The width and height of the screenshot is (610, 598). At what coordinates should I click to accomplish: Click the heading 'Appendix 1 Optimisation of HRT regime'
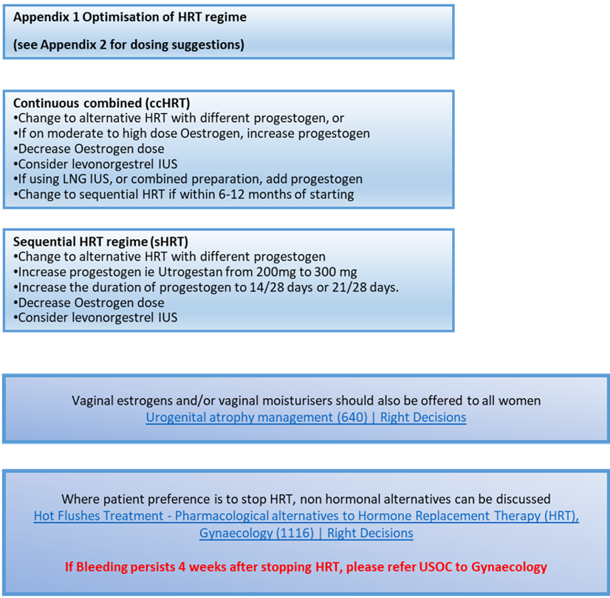click(x=130, y=17)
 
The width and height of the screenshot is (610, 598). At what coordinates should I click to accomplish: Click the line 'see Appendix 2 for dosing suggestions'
click(x=128, y=44)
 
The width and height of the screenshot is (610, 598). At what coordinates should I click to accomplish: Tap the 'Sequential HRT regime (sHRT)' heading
click(x=101, y=241)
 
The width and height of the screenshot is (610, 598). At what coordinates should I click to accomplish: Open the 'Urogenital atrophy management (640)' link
click(x=306, y=417)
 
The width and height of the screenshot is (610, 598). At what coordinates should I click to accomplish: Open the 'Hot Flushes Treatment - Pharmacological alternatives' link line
click(x=306, y=517)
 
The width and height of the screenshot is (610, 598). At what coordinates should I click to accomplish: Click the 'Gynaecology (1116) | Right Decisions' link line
click(x=306, y=533)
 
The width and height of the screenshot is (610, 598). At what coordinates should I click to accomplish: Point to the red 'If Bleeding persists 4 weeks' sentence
click(x=306, y=567)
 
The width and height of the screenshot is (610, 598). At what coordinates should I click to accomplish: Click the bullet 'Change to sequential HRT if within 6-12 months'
click(x=185, y=195)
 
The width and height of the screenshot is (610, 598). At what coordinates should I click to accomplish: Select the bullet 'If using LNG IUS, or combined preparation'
click(x=189, y=179)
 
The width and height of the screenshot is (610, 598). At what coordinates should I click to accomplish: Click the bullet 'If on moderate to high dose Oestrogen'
click(x=193, y=134)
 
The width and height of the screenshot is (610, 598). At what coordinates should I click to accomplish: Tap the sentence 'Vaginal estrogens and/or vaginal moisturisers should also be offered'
click(x=306, y=401)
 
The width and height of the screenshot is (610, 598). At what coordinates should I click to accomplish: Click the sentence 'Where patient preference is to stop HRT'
click(x=306, y=500)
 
